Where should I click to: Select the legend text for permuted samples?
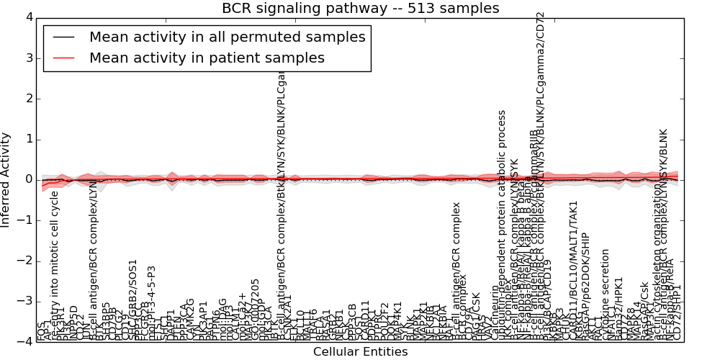[227, 37]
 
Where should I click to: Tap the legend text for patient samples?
[207, 58]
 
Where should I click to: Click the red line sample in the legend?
[63, 58]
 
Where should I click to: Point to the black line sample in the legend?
[63, 37]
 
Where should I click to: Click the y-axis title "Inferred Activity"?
[6, 179]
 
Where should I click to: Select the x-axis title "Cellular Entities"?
[360, 352]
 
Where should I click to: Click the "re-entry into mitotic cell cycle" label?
[55, 266]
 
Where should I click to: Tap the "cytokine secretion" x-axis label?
[606, 294]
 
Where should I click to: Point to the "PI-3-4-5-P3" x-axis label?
[152, 302]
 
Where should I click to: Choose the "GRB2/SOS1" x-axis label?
[132, 310]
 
